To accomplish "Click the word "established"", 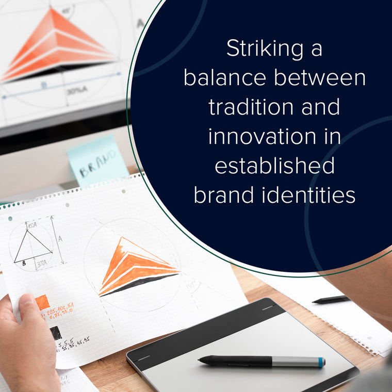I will click(x=274, y=166).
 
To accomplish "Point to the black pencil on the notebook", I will click(x=331, y=300).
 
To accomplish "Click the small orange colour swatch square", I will click(x=42, y=302).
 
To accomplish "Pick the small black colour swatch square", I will click(x=55, y=333).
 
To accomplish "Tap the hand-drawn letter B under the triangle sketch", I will click(x=24, y=263).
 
